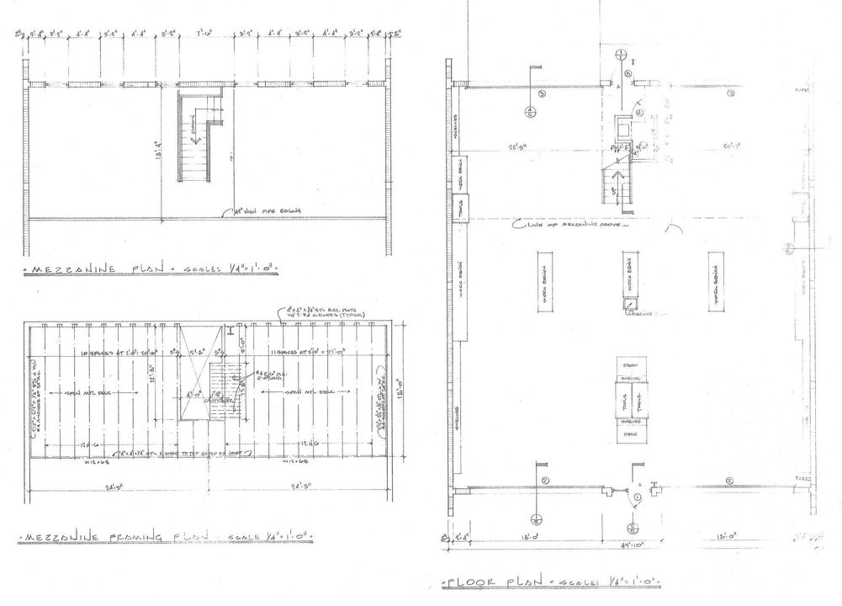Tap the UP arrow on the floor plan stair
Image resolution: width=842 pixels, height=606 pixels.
620,179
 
